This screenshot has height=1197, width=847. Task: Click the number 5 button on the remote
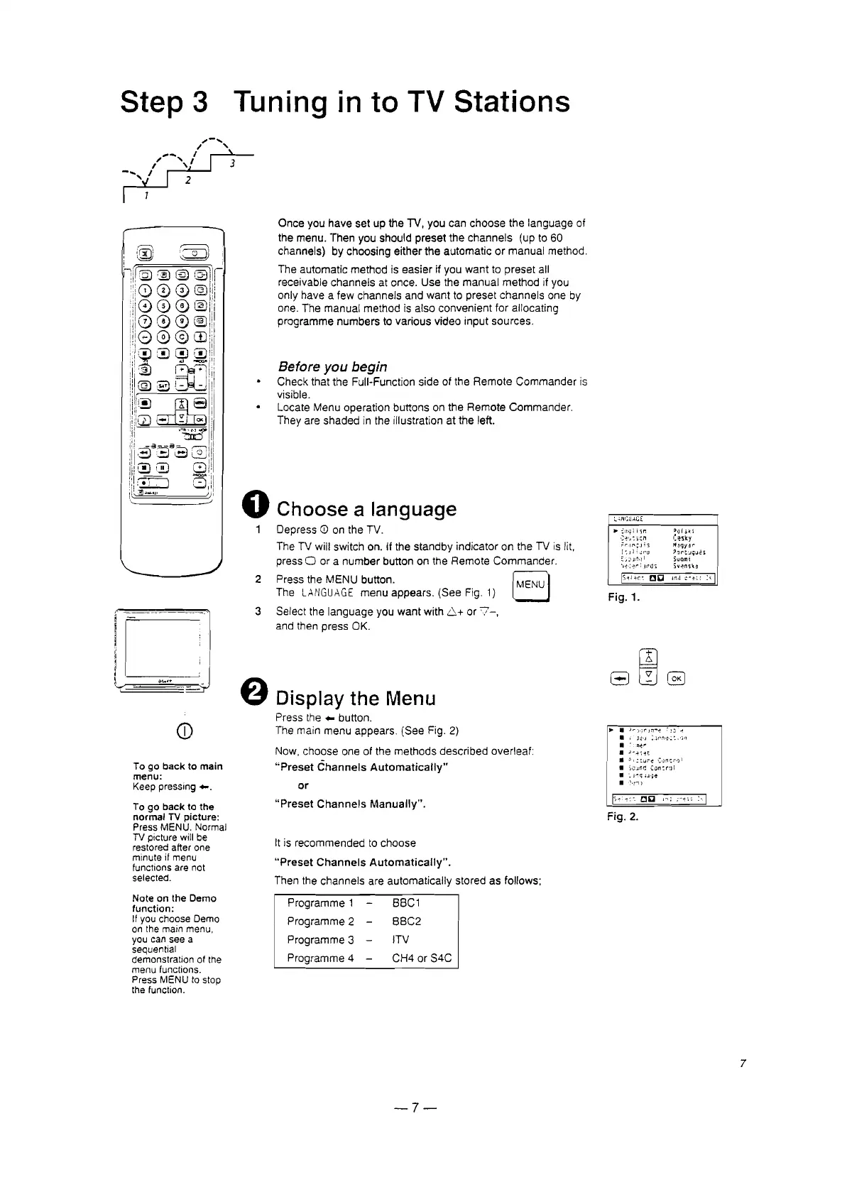pos(163,307)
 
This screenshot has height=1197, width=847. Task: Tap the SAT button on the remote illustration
pos(163,386)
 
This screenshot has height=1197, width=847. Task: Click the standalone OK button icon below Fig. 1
pos(677,678)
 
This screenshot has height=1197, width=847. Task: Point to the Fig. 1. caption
pos(624,598)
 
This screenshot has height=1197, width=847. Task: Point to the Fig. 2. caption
pos(623,817)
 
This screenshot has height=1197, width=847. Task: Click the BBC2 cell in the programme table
pos(407,921)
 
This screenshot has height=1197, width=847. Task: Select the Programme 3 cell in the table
pos(320,939)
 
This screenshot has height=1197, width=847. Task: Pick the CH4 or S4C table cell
pos(422,958)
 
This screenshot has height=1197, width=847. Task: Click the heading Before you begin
pos(332,366)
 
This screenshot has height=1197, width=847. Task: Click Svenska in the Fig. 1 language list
pos(687,566)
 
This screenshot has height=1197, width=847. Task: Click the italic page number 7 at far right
pos(742,1064)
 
